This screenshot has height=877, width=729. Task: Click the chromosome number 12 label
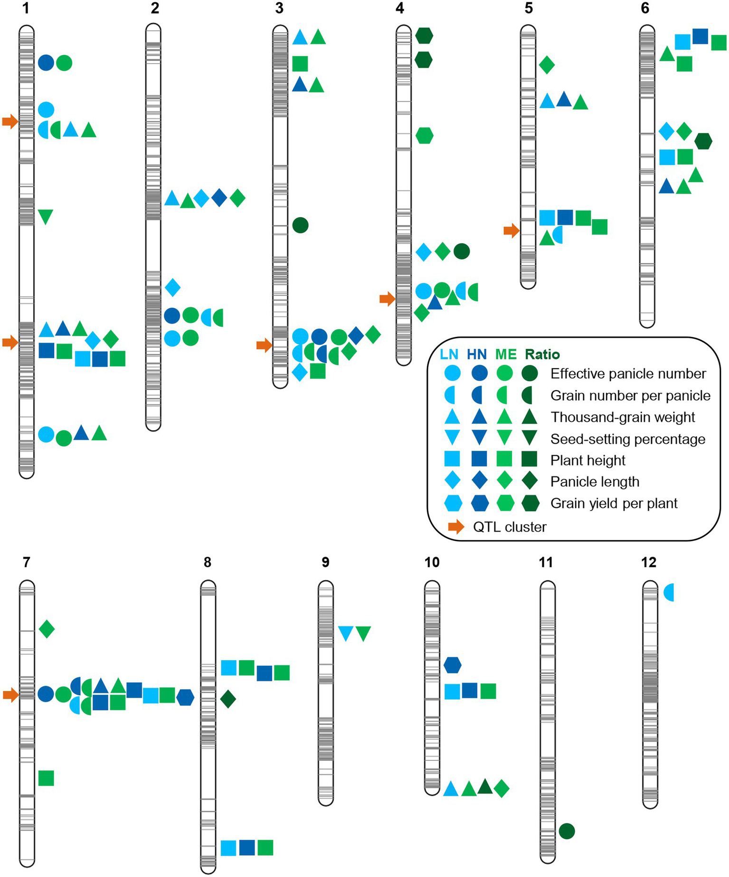coord(648,562)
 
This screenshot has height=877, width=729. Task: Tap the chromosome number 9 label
coord(325,562)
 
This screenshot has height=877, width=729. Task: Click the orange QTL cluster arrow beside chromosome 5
coord(511,231)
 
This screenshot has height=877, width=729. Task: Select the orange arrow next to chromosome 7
coord(10,695)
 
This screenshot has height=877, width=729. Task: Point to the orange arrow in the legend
coord(456,527)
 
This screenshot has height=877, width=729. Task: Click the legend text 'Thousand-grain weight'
coord(623,417)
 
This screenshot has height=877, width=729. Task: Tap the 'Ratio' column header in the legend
coord(542,355)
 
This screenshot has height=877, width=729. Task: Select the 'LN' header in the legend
coord(449,355)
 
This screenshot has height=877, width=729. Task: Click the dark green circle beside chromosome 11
coord(567,831)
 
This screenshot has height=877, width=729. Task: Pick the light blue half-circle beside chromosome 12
coord(669,593)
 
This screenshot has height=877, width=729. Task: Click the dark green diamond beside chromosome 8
coord(228,699)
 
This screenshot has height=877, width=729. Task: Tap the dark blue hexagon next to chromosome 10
coord(453,665)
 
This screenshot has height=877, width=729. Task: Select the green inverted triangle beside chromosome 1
coord(45,216)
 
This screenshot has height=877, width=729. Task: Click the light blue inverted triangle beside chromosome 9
coord(346,633)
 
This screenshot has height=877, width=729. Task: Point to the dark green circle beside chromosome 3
coord(300,225)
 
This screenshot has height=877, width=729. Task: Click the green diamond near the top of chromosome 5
coord(547,65)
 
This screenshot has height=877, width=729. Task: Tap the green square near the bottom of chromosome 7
coord(46,778)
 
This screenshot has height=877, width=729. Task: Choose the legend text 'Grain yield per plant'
coord(614,503)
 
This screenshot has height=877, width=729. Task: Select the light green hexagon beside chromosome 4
coord(424,136)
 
